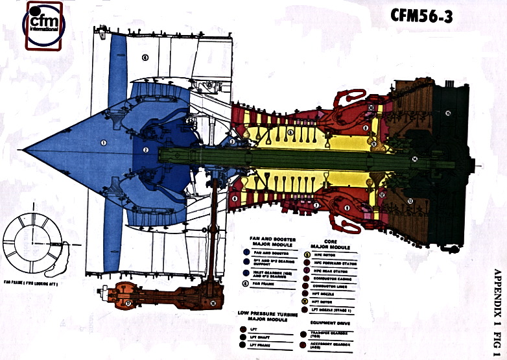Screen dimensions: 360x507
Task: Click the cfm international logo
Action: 43,25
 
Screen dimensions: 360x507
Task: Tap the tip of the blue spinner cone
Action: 25,149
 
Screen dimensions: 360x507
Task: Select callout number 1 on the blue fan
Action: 102,141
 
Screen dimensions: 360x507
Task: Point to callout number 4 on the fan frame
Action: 145,58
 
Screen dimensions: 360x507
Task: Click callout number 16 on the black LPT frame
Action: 447,114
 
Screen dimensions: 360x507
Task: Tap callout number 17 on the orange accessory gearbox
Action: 128,302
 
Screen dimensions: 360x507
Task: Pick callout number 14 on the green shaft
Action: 414,158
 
